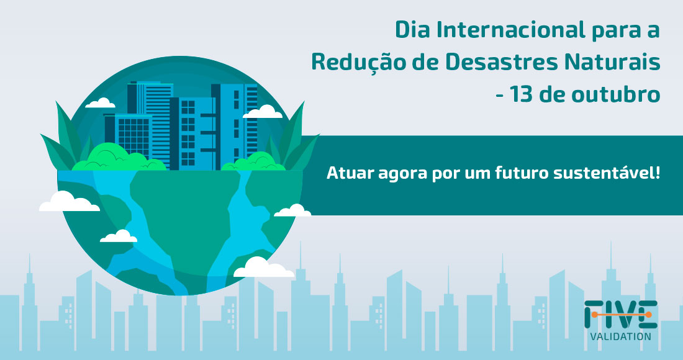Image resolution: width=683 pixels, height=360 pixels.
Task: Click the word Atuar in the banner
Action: coord(346,173)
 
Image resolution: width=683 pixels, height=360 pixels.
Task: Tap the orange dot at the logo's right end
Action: coord(650,315)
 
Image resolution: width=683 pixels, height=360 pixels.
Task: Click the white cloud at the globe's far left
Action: coord(68,202)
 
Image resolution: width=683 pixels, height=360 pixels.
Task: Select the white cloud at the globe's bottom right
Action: coord(263,268)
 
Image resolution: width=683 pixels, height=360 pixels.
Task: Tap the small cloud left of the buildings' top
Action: coord(101,103)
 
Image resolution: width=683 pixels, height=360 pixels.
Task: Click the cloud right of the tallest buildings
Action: coord(263,112)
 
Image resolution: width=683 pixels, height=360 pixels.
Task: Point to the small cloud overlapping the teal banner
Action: coord(292,211)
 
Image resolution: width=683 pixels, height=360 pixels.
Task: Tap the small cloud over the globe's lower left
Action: coord(119,236)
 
